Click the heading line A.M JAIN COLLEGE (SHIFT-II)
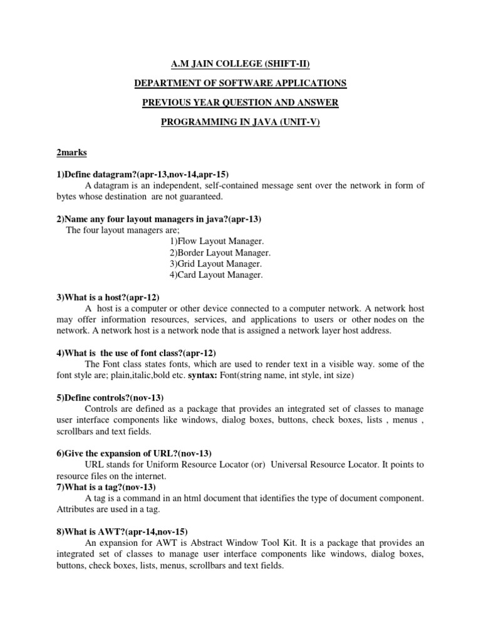(240, 64)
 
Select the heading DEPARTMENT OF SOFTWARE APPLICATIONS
(240, 83)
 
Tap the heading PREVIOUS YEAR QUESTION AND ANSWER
(240, 103)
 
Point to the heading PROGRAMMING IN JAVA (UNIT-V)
(240, 122)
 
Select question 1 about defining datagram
(145, 173)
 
